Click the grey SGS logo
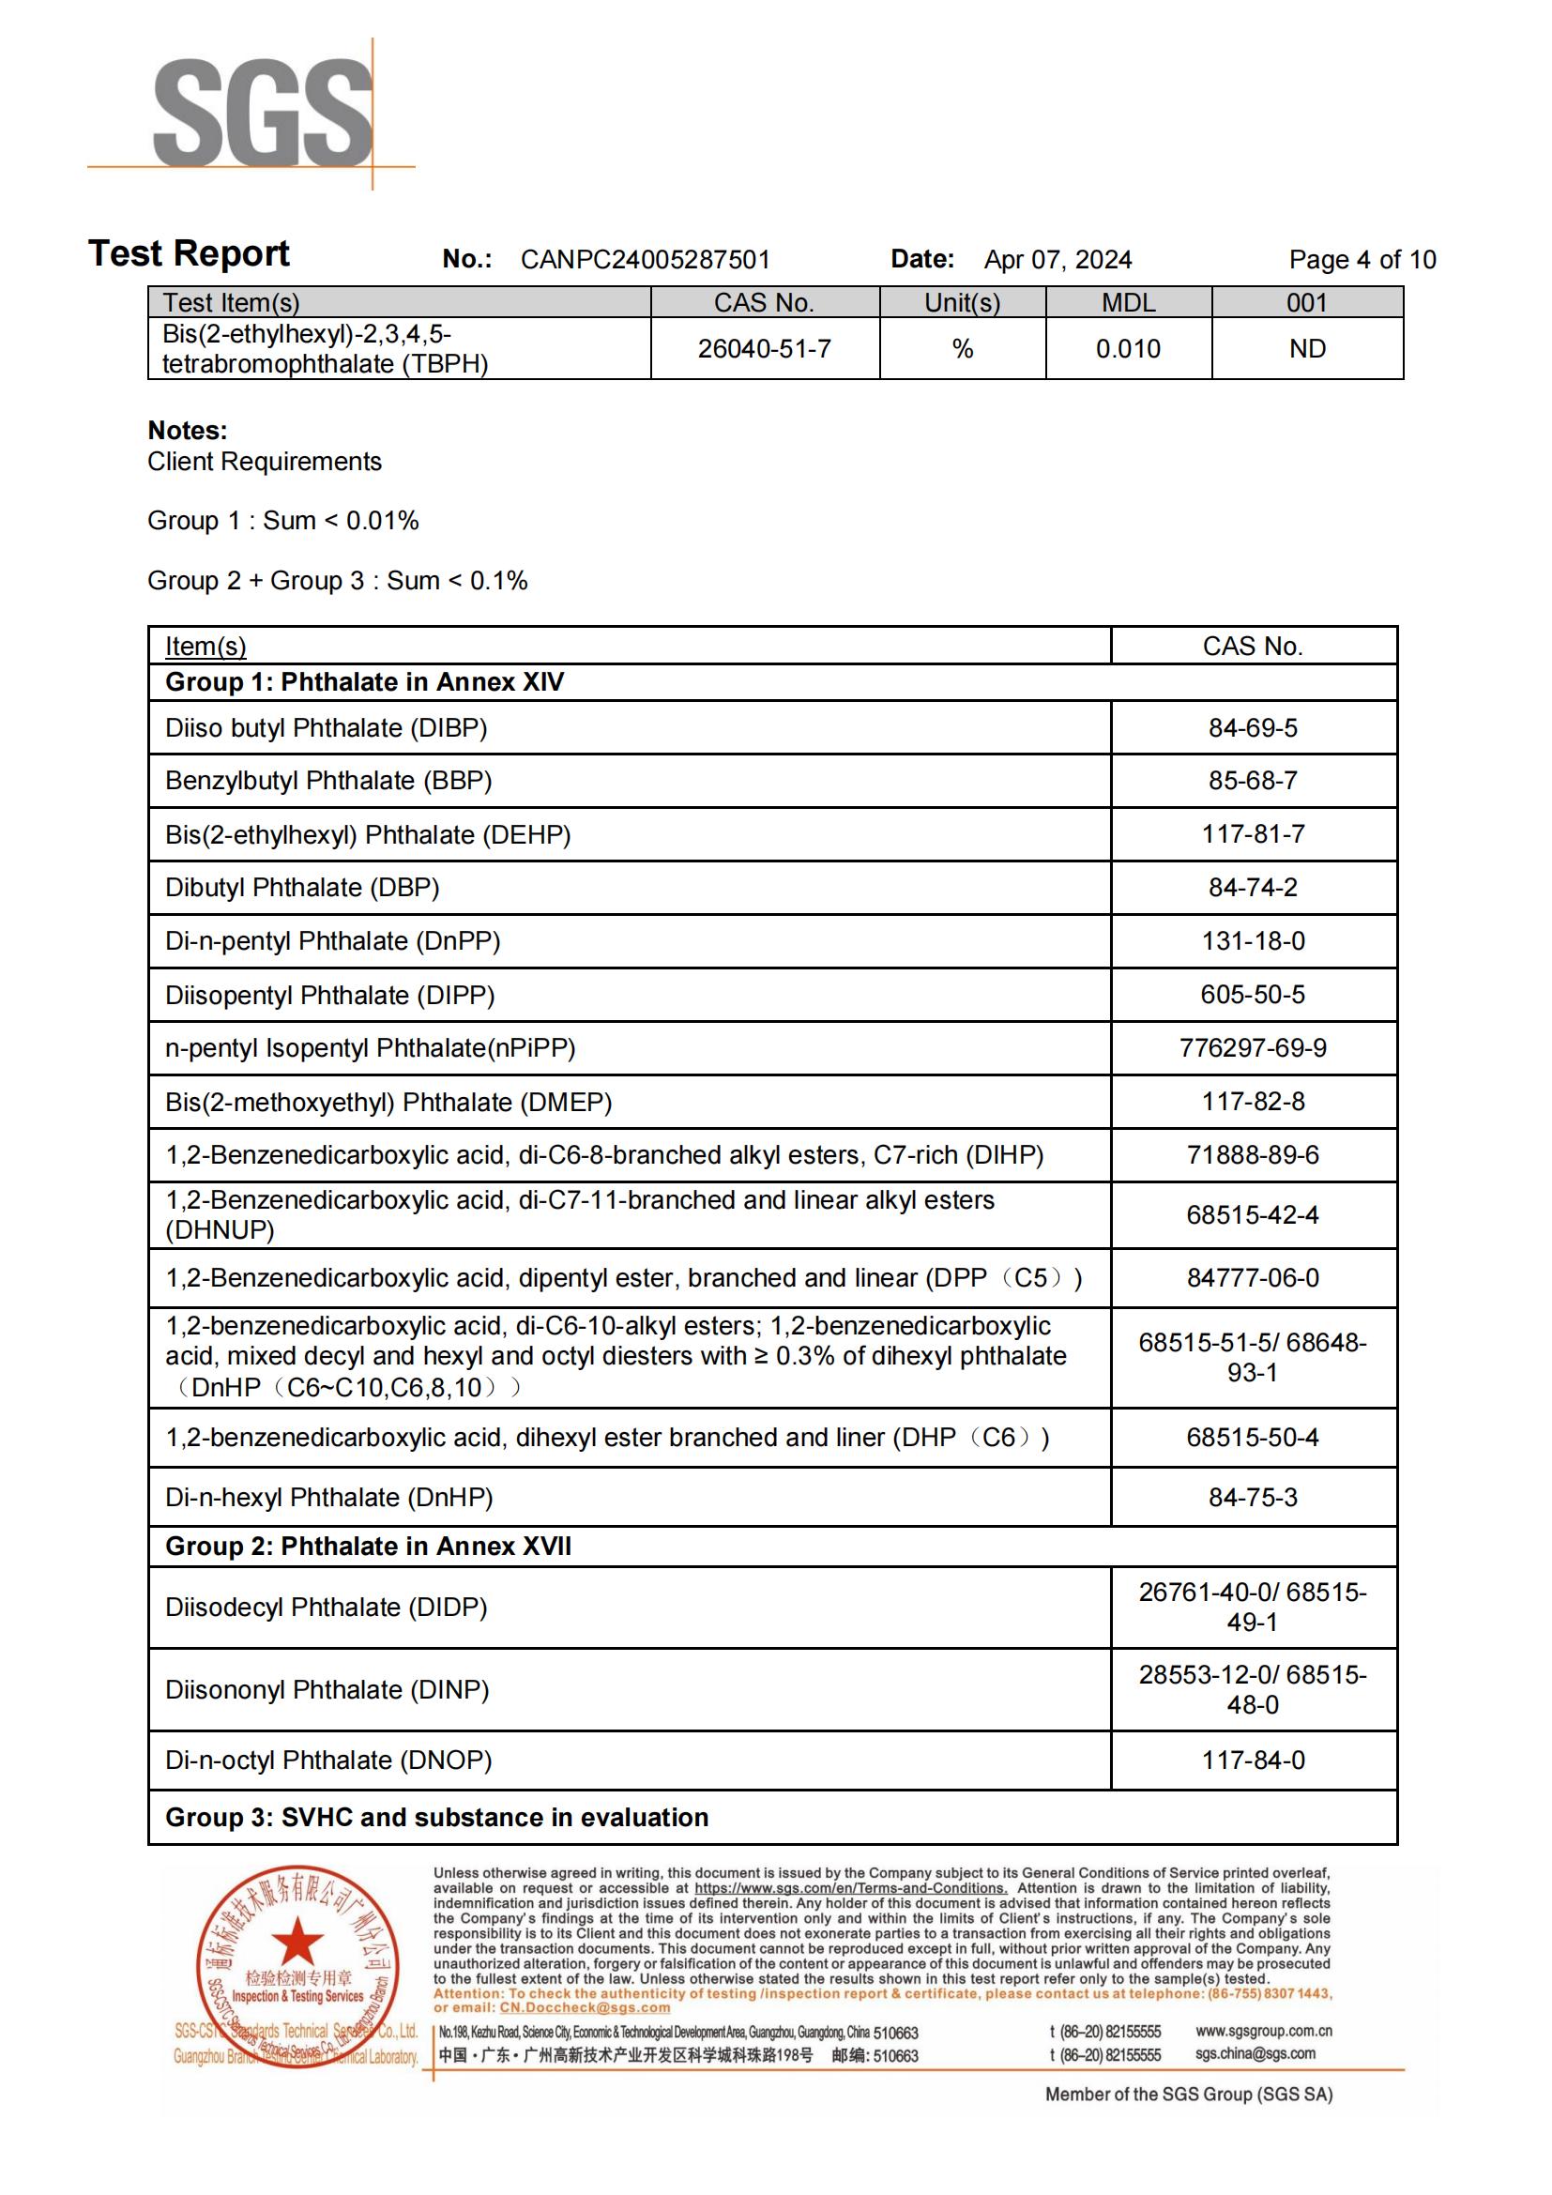tap(262, 113)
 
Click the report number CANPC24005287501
tap(645, 260)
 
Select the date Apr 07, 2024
tap(1057, 260)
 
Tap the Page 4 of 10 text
tap(1362, 260)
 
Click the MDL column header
tap(1129, 303)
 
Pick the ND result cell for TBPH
tap(1307, 349)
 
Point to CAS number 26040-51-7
tap(765, 349)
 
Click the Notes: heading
tap(188, 430)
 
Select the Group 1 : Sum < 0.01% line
tap(282, 521)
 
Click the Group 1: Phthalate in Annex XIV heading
tap(364, 682)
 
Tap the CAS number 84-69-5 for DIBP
tap(1253, 728)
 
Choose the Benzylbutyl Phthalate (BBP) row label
tap(327, 781)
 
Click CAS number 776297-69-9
tap(1253, 1049)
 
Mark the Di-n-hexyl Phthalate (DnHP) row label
tap(328, 1497)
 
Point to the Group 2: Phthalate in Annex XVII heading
tap(368, 1547)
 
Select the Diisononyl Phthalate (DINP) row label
tap(327, 1689)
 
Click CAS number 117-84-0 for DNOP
tap(1253, 1760)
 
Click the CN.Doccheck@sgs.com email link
tap(585, 2007)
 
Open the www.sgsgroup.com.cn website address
tap(1263, 2030)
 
